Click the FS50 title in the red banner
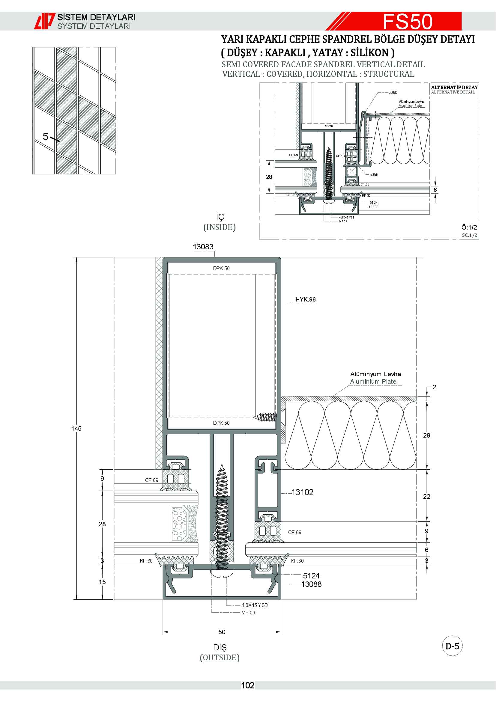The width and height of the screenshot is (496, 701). point(408,21)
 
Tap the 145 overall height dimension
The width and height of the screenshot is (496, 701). point(76,428)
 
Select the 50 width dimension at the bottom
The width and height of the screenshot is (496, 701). point(222,632)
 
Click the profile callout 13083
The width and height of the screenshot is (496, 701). point(203,247)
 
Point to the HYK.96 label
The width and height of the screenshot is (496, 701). point(305,299)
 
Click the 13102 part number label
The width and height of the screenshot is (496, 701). point(302,492)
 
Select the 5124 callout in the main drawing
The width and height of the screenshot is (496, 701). point(311,576)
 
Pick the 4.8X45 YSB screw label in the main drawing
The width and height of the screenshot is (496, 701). point(254,605)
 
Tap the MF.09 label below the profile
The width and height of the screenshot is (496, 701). point(248,613)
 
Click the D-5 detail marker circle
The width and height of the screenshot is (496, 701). point(452,646)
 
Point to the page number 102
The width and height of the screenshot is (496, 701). point(248,685)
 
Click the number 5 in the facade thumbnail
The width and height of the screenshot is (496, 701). point(46,136)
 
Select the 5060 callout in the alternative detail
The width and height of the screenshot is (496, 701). point(393,92)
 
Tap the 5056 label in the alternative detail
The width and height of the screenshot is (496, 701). point(374,174)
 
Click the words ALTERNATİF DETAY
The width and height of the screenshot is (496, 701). point(454,87)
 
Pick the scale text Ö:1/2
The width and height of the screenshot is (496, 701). point(469,227)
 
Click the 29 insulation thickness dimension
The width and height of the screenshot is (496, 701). point(427,435)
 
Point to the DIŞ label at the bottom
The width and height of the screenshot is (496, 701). point(220,647)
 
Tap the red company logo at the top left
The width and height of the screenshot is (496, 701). point(45,21)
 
